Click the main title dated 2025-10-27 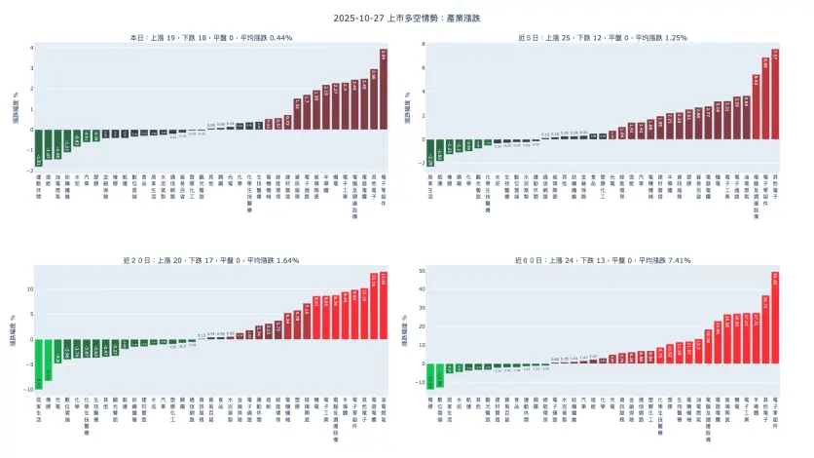click(407, 19)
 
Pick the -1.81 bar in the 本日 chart click(39, 147)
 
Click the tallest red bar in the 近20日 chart click(383, 305)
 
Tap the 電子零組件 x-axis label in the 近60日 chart click(775, 408)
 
